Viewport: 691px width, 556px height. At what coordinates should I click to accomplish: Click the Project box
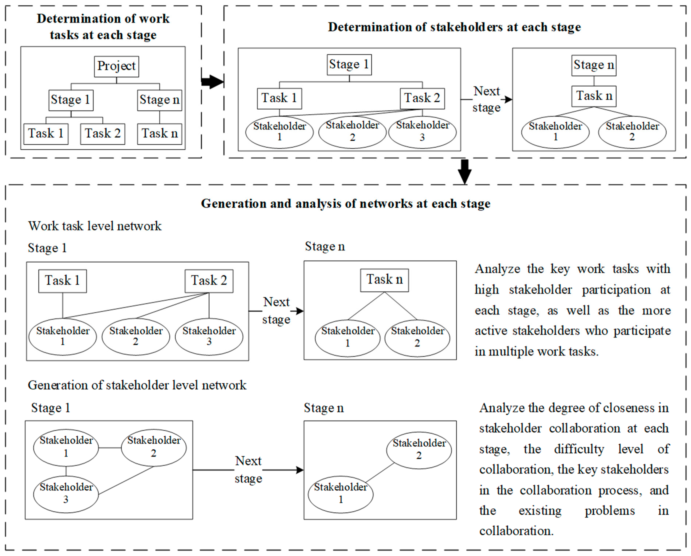(116, 66)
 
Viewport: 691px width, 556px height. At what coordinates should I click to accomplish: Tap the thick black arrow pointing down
(464, 171)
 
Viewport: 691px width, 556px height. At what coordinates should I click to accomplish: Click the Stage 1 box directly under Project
(71, 100)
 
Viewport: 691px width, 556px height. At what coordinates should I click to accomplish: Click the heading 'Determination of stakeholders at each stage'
(454, 27)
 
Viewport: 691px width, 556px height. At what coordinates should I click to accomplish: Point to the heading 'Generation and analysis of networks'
(345, 204)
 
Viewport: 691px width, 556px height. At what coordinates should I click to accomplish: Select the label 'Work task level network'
(95, 226)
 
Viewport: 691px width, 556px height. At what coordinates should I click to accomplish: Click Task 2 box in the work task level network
(209, 281)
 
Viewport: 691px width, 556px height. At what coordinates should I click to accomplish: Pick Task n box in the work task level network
(384, 280)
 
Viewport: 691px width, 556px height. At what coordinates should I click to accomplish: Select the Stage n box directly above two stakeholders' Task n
(594, 65)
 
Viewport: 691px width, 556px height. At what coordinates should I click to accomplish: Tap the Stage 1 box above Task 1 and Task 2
(349, 64)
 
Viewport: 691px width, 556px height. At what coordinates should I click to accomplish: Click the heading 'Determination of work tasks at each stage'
(103, 27)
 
